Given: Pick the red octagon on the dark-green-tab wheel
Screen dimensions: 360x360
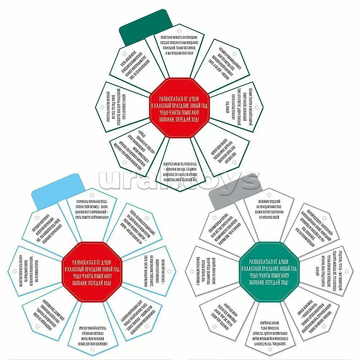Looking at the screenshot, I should pos(178,110).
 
